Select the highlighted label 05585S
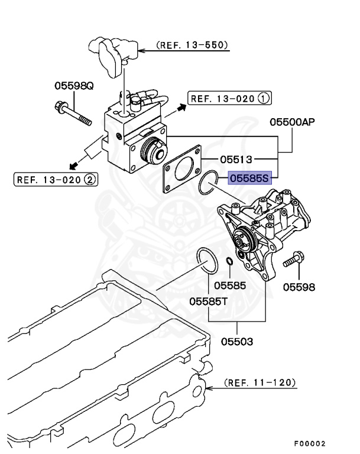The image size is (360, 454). pos(249,176)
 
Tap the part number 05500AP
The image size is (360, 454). pos(292,122)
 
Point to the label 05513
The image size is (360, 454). pos(236,159)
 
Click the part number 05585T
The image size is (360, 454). pos(209,301)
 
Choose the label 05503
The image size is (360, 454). pos(238,341)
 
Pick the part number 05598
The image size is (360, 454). pos(299,287)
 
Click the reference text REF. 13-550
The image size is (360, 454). pos(192,44)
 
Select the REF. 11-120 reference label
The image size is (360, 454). pos(261,382)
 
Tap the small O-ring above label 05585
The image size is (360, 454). pos(226,262)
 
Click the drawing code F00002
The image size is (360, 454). pos(309,443)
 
